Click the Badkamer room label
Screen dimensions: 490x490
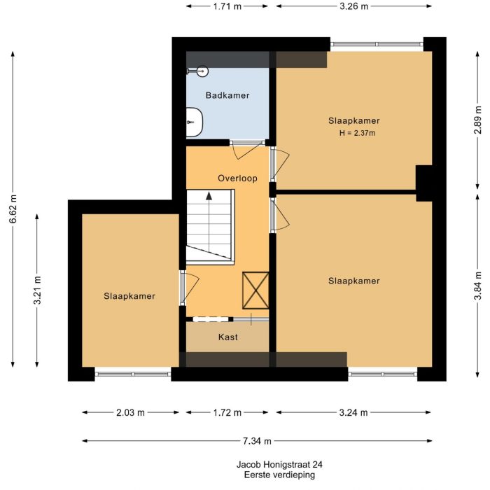227,95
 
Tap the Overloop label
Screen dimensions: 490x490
237,178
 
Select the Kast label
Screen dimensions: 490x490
228,337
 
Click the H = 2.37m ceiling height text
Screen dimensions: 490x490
357,133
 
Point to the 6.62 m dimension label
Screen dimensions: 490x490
13,208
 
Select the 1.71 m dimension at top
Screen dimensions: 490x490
228,6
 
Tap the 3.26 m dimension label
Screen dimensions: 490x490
354,6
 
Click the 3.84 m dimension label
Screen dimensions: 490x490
478,286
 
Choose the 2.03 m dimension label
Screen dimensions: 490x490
130,412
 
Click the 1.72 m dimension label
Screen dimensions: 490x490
227,412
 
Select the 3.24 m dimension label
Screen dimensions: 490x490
353,412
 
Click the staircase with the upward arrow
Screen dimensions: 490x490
209,225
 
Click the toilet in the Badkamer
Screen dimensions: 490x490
194,122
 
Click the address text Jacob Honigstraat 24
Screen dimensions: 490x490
279,464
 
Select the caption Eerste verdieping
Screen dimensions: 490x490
279,475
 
